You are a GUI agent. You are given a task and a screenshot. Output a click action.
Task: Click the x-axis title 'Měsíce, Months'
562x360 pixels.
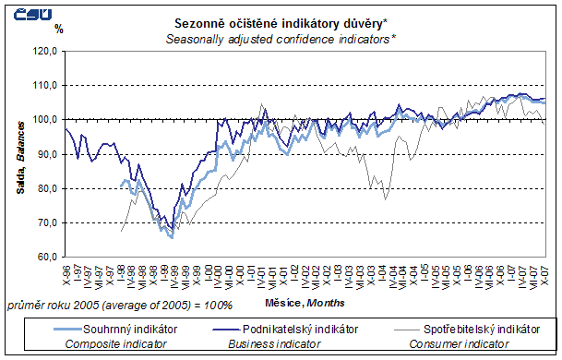click(304, 302)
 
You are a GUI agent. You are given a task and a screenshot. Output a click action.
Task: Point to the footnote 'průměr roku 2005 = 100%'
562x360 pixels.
click(119, 304)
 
